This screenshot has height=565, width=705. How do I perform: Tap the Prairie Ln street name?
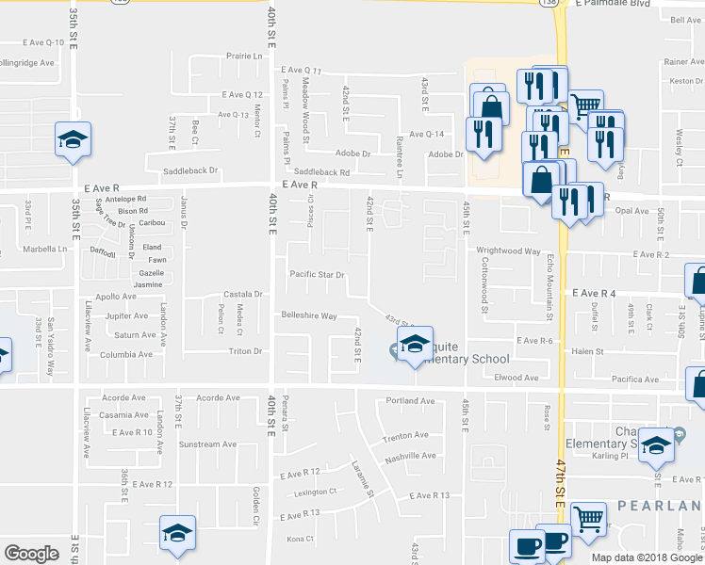click(x=244, y=56)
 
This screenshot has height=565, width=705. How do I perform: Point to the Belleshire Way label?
click(x=308, y=315)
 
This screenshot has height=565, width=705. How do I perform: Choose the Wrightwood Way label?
click(x=507, y=251)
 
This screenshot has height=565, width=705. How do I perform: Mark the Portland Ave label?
click(x=415, y=401)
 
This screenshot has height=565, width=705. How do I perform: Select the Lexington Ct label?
click(x=315, y=492)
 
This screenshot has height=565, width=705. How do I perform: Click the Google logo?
click(x=31, y=554)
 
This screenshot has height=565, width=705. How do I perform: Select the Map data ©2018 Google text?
click(x=647, y=557)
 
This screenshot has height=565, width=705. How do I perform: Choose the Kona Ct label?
click(x=299, y=539)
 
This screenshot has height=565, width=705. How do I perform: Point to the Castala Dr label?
click(x=242, y=295)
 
